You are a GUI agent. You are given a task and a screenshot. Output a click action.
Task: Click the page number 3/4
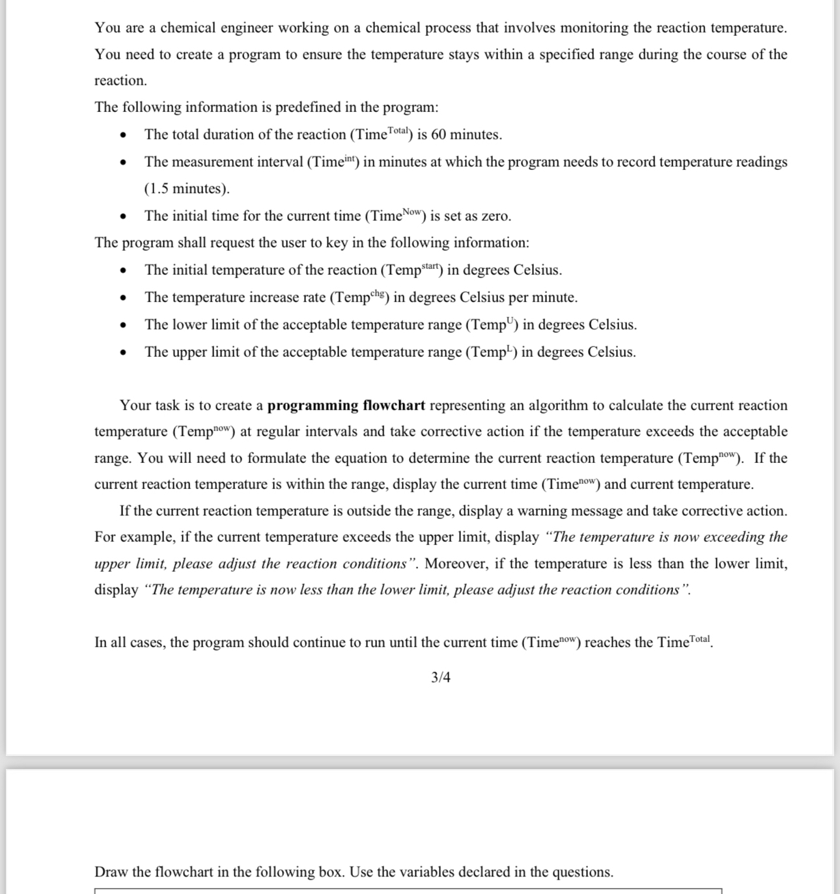point(440,678)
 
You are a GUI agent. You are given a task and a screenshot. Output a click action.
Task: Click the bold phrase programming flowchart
point(346,406)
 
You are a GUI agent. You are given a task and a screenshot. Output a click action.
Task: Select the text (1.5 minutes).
point(187,189)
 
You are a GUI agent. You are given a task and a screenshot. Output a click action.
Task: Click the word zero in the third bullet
point(495,216)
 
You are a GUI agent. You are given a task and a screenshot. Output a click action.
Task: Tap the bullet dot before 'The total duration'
point(122,135)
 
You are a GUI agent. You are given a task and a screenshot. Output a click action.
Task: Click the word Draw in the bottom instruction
point(111,873)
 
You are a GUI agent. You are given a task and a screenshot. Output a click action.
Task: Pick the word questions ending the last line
point(582,873)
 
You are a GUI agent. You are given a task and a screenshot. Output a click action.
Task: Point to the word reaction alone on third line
point(120,81)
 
